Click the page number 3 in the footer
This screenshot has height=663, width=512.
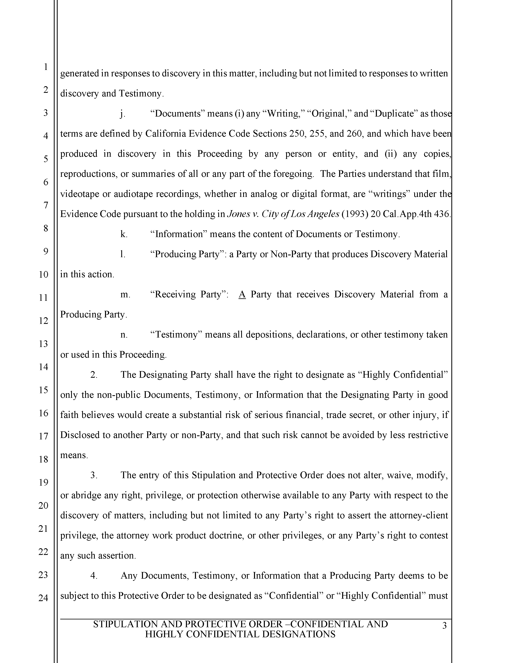pyautogui.click(x=444, y=626)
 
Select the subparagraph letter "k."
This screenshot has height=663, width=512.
pyautogui.click(x=124, y=234)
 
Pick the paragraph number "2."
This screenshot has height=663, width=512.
pyautogui.click(x=94, y=375)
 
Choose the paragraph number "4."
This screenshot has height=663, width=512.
pyautogui.click(x=94, y=576)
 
